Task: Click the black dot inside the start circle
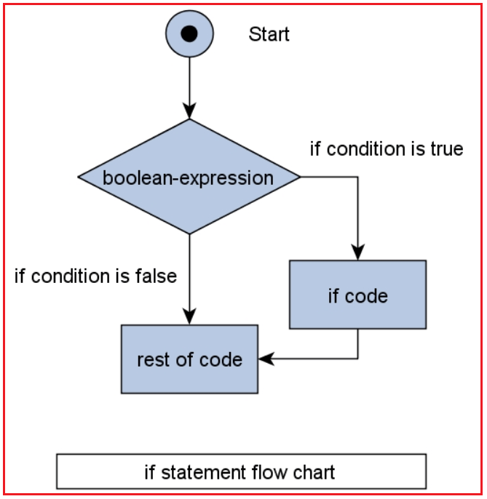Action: pos(189,34)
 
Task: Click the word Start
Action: pos(269,34)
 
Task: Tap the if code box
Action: pos(357,295)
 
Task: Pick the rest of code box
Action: pos(189,359)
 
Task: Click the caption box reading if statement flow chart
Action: pos(241,471)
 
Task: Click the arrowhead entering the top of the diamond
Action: pos(189,111)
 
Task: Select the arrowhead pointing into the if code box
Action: pos(357,252)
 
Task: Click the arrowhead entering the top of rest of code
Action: pos(189,316)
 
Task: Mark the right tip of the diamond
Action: pos(298,177)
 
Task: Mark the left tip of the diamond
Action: pos(79,177)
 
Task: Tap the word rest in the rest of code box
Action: pos(151,359)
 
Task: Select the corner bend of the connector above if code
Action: pos(357,177)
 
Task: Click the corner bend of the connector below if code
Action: pos(357,358)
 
